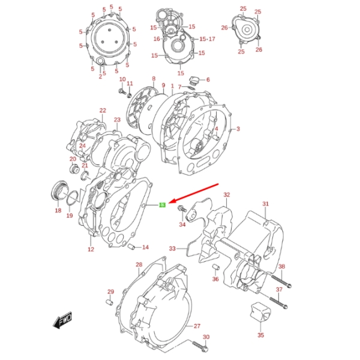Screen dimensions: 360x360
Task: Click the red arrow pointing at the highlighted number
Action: coord(193,196)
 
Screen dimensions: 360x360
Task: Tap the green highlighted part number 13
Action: coord(162,205)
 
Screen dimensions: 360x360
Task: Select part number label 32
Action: coord(227,195)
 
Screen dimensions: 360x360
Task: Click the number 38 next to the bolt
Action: coord(281,267)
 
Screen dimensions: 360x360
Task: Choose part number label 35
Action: coord(260,335)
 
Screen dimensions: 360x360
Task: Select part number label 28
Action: coord(139,265)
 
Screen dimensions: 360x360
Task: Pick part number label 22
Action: coord(103,110)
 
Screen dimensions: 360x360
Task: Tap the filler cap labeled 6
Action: coord(193,80)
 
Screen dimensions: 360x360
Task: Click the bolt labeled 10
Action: coord(122,91)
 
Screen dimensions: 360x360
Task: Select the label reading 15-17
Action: coord(208,39)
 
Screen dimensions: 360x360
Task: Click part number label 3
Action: coord(238,129)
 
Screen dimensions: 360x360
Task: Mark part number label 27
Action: coord(197,326)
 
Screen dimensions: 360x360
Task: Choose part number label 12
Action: coord(91,249)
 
